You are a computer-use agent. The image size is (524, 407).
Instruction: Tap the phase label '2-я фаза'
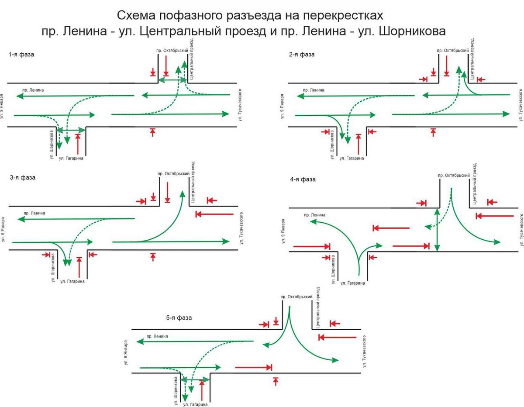point(302,55)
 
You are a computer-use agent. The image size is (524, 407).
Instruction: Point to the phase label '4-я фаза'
point(303,179)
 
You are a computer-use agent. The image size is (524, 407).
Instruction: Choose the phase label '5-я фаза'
point(179,318)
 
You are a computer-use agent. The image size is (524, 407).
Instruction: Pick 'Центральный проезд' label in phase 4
point(475,184)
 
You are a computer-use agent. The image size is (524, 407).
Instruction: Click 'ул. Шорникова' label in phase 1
point(51,144)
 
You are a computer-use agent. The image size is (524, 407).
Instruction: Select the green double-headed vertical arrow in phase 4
point(438,231)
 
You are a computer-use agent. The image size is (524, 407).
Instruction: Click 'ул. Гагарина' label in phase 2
point(352,159)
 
